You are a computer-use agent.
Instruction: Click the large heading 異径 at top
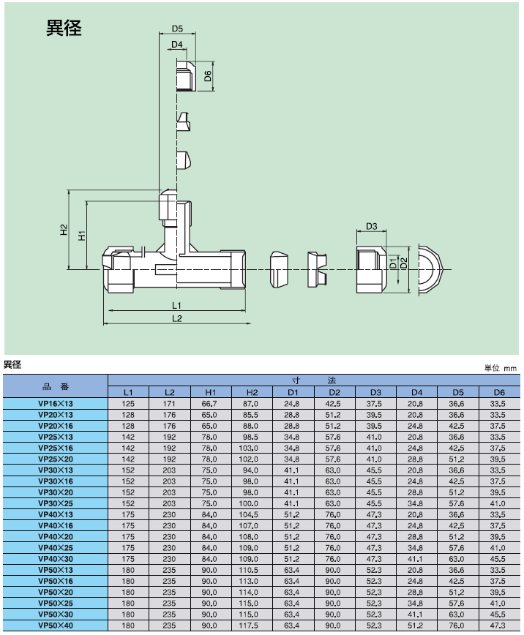tap(64, 29)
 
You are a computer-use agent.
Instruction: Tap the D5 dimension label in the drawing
tap(177, 29)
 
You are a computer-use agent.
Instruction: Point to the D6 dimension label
tap(208, 76)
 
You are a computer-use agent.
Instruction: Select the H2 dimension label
tap(64, 231)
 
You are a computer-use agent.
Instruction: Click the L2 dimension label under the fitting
tap(176, 318)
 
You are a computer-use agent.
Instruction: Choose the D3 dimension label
tap(371, 226)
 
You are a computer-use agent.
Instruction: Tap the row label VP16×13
tap(56, 404)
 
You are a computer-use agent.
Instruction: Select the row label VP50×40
tap(56, 626)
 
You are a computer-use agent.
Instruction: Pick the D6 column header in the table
tap(499, 393)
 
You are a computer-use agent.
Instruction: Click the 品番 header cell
tap(56, 386)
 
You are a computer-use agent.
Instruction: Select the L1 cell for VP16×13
tap(128, 404)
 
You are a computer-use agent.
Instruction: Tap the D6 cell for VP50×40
tap(499, 626)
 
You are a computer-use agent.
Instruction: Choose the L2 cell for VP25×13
tap(169, 437)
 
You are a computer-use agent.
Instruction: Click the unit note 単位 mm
tap(500, 367)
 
